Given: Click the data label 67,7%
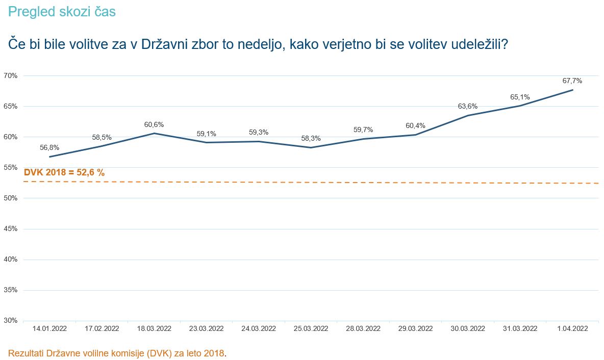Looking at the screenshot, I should [x=572, y=81].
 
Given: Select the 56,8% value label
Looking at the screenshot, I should [x=49, y=147].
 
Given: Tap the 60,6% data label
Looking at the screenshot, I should [x=154, y=124].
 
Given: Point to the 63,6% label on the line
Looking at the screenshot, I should [x=468, y=106].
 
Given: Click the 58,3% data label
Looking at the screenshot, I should [x=311, y=138].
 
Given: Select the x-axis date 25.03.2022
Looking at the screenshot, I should [x=311, y=328].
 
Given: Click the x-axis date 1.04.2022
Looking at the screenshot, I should [x=572, y=328].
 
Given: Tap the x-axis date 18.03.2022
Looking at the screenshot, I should [x=154, y=328].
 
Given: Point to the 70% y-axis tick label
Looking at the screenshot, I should [x=11, y=75].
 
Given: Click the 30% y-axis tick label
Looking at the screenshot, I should [x=11, y=320].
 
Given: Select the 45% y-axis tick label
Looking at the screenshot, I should [x=11, y=228].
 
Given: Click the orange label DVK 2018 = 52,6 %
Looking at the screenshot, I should [x=64, y=172].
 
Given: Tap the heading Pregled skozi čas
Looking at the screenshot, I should [x=62, y=11].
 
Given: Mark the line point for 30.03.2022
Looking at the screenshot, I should [x=468, y=115].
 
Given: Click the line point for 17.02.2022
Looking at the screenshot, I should [x=102, y=146].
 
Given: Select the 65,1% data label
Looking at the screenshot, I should [x=520, y=97].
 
